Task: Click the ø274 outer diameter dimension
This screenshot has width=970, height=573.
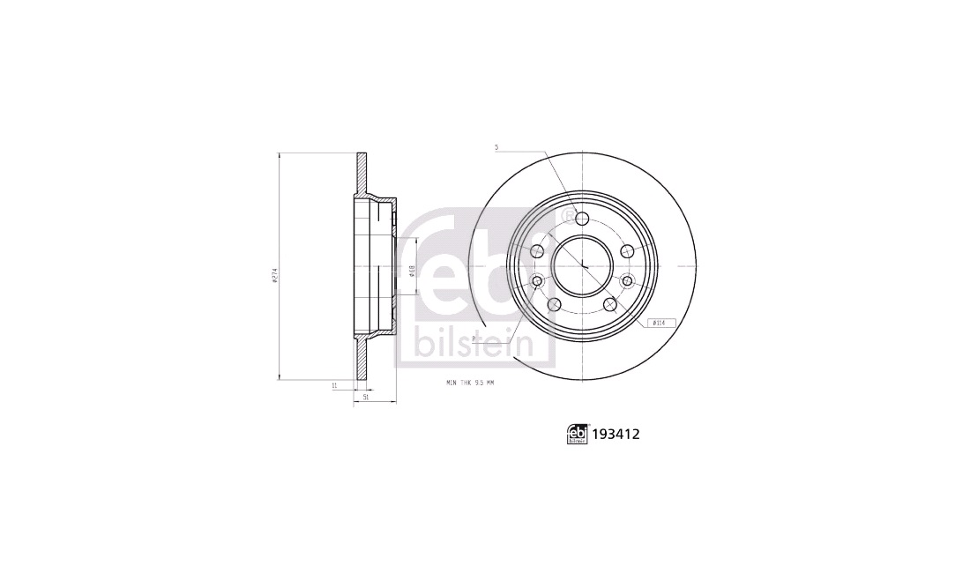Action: [x=274, y=276]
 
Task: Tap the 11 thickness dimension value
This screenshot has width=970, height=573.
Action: [x=334, y=386]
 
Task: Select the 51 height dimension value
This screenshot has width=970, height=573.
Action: [x=365, y=398]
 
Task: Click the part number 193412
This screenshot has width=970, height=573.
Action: [x=616, y=434]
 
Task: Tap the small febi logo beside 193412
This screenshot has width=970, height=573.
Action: [x=578, y=434]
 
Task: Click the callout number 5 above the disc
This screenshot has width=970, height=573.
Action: [x=496, y=147]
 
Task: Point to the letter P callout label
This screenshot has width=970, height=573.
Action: [x=474, y=338]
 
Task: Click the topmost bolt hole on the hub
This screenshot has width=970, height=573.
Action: [x=582, y=217]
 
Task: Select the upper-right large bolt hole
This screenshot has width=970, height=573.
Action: [x=627, y=251]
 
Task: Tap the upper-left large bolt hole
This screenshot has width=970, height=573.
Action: [x=537, y=251]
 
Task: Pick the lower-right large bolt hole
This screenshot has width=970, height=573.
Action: [x=610, y=304]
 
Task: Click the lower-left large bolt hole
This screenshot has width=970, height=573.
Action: [x=554, y=304]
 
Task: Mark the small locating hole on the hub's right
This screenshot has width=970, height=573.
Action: [x=627, y=281]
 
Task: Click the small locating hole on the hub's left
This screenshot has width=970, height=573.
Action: [x=537, y=281]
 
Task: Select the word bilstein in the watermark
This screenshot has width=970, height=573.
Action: [x=473, y=344]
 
